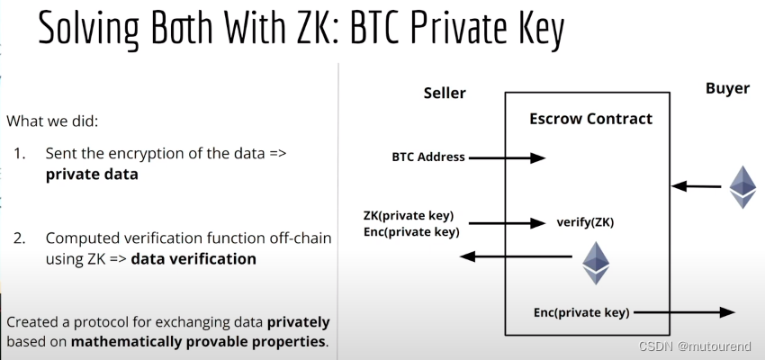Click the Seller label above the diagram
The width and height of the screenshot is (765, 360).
pos(445,94)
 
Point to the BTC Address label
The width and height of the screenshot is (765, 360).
pos(428,157)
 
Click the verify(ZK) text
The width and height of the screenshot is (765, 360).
pos(585,221)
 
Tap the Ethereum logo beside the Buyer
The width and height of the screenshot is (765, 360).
pos(742,187)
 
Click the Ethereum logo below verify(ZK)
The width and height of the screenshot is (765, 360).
pos(596,262)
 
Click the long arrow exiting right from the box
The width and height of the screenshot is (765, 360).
pos(684,312)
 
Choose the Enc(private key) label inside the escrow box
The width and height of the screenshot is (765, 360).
pos(581,312)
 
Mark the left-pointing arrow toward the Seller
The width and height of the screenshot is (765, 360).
pos(516,257)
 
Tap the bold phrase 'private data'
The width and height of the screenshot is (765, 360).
pos(92,175)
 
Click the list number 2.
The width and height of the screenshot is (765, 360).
pos(19,238)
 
